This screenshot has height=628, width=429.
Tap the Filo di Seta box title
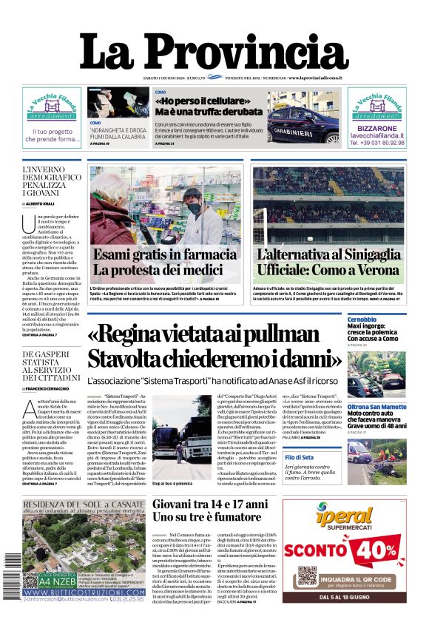[364, 458]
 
